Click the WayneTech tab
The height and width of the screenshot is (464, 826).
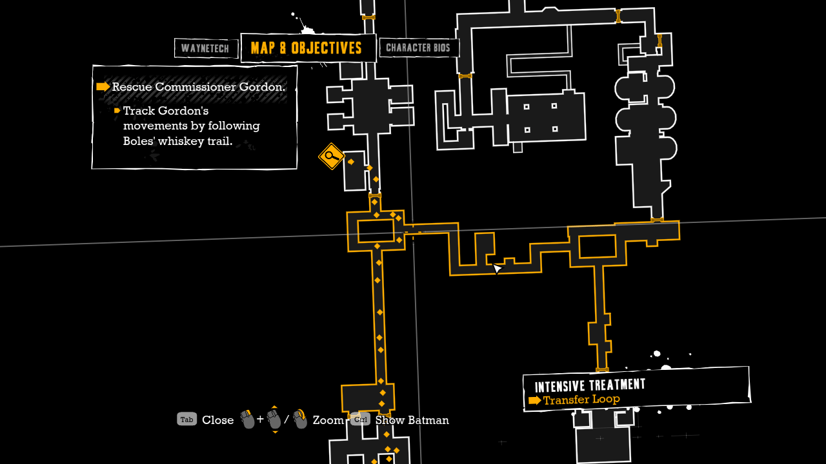click(206, 48)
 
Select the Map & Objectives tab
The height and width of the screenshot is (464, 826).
click(307, 48)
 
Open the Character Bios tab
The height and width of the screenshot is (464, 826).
click(418, 48)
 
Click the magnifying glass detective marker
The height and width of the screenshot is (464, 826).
click(331, 156)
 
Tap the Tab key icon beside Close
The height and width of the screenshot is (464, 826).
click(186, 420)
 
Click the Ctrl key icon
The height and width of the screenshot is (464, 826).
click(360, 420)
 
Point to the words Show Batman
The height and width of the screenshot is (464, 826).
click(412, 420)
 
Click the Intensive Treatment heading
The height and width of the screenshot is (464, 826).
click(590, 385)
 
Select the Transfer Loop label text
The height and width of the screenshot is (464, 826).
click(581, 400)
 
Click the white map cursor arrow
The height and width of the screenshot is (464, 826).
click(497, 268)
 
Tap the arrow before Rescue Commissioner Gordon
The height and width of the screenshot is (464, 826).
click(103, 87)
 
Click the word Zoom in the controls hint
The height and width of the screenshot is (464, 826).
click(328, 420)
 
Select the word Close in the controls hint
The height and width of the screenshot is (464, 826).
click(217, 420)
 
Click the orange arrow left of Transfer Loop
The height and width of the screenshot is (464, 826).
click(534, 401)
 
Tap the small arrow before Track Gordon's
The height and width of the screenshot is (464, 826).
click(117, 111)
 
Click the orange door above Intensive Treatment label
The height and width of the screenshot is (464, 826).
click(602, 370)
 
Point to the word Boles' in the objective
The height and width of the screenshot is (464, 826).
click(139, 140)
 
